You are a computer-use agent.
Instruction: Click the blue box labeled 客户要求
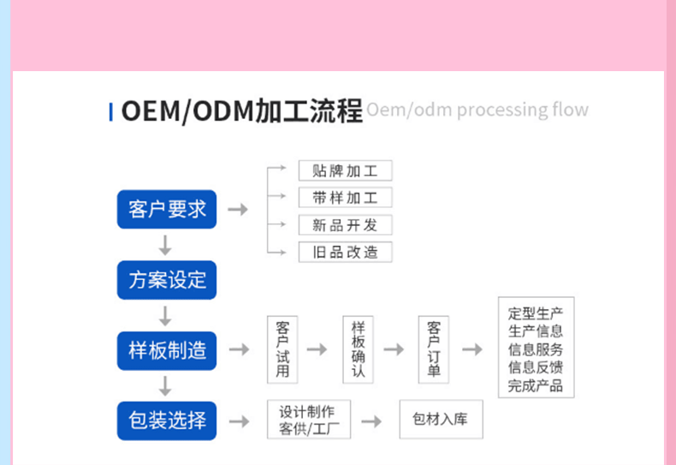[x=167, y=209]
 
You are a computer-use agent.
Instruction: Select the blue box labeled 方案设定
[x=167, y=280]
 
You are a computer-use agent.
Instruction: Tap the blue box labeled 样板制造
[x=167, y=350]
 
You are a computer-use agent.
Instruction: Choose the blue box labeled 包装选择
[x=167, y=420]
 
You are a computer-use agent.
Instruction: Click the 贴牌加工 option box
[x=345, y=170]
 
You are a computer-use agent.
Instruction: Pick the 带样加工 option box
[x=345, y=198]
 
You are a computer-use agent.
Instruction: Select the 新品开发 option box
[x=345, y=225]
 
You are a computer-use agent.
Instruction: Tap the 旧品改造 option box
[x=345, y=253]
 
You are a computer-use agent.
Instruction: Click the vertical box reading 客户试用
[x=282, y=349]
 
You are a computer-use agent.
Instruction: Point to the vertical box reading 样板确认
[x=359, y=349]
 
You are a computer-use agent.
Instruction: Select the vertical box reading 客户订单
[x=434, y=349]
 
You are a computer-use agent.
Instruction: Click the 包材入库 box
[x=440, y=420]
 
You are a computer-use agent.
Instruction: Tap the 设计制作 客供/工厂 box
[x=308, y=420]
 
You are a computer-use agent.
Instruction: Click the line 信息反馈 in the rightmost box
[x=536, y=367]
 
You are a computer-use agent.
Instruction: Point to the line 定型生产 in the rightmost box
[x=536, y=313]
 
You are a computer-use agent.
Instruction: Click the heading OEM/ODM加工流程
[x=241, y=111]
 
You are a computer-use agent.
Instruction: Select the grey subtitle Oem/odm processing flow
[x=477, y=110]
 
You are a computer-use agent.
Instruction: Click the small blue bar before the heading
[x=110, y=111]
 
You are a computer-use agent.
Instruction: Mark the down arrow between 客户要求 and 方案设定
[x=166, y=245]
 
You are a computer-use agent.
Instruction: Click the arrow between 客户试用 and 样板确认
[x=317, y=349]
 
